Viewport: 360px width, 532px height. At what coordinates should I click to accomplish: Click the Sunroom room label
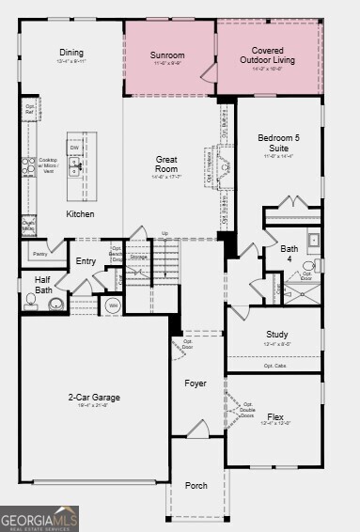pos(168,55)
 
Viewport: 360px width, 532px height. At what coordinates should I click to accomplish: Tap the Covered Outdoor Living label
pos(268,55)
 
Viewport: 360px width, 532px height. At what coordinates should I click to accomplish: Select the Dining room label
pos(71,54)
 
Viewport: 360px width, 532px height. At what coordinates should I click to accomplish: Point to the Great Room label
pos(166,165)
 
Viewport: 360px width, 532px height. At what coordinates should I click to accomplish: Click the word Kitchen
pos(80,214)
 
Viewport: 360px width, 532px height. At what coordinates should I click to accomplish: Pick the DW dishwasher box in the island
pos(72,149)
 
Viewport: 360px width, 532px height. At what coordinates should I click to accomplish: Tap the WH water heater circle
pos(113,305)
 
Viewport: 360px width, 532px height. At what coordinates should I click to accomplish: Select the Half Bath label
pos(43,285)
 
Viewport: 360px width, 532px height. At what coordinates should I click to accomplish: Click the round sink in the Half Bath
pos(56,304)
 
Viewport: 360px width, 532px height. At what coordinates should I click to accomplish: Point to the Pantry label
pos(39,254)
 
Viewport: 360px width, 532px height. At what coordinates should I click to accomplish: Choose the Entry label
pos(86,261)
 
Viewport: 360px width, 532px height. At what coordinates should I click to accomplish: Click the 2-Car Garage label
pos(94,398)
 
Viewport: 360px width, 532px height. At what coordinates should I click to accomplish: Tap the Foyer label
pos(196,383)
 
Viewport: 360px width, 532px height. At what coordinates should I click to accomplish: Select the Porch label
pos(196,485)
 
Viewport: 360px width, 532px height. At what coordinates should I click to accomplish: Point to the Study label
pos(276,334)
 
